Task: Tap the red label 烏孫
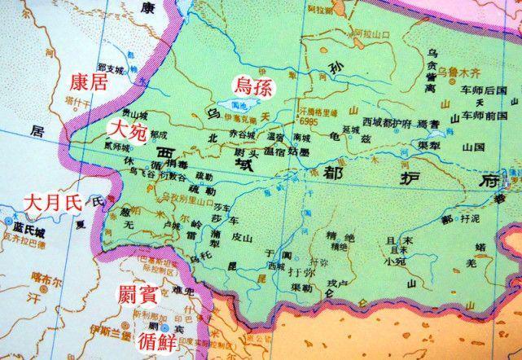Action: [253, 83]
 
